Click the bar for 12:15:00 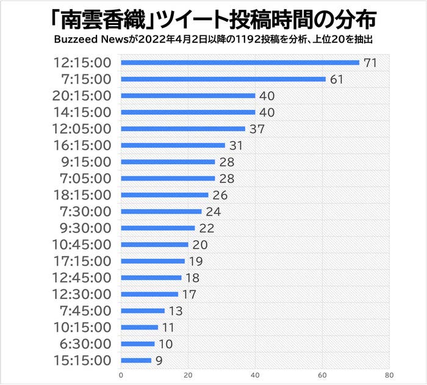tap(240, 62)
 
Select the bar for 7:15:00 tap(223, 79)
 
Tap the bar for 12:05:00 tap(183, 129)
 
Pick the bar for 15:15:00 tap(136, 360)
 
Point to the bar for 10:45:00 tap(154, 245)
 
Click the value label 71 tap(370, 63)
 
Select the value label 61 tap(337, 79)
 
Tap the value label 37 tap(256, 129)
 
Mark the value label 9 tap(159, 361)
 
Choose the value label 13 tap(176, 311)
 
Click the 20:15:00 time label tap(82, 96)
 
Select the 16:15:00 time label tap(82, 145)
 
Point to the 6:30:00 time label tap(86, 344)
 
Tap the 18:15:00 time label tap(82, 195)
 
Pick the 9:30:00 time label tap(86, 228)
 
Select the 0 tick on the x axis tap(121, 375)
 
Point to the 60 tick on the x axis tap(322, 375)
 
